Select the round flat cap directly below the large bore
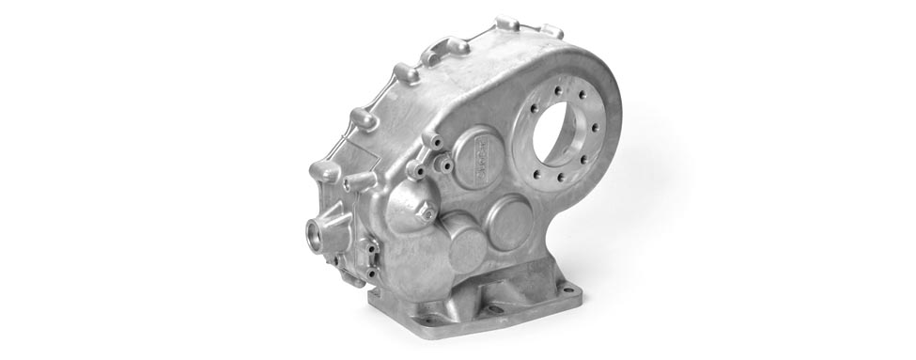pyautogui.click(x=515, y=223)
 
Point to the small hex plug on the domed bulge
pyautogui.click(x=427, y=213)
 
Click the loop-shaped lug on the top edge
pyautogui.click(x=446, y=48)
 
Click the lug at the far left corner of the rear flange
pyautogui.click(x=322, y=171)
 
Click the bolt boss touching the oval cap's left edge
pyautogui.click(x=446, y=165)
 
